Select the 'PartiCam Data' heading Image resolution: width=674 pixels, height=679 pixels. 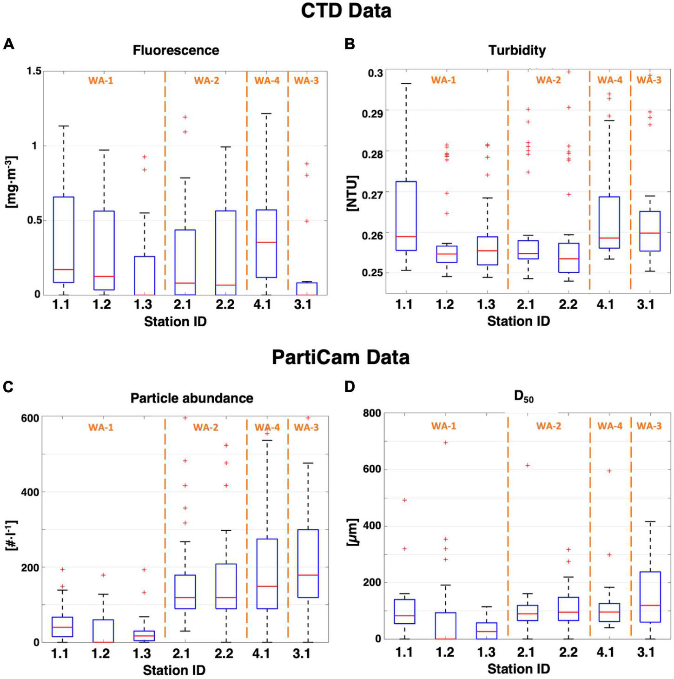point(340,357)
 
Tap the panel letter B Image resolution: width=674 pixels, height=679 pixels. point(350,44)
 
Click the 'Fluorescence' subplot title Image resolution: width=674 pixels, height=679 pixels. point(176,50)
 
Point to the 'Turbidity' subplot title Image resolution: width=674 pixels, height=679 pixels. point(517,50)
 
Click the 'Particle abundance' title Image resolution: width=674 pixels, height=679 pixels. point(192,398)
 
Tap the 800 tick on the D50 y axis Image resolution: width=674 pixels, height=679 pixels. point(371,413)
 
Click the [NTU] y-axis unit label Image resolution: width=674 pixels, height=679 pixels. point(352,193)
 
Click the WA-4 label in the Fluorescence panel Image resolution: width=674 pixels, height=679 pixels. point(267,80)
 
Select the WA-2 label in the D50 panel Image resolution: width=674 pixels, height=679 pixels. point(548,426)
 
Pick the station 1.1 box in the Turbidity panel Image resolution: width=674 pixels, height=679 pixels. point(404,216)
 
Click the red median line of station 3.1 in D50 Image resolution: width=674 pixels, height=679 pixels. point(650,605)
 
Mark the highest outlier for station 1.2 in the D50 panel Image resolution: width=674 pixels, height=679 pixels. point(445,442)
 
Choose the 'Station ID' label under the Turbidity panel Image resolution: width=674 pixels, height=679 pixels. point(518,321)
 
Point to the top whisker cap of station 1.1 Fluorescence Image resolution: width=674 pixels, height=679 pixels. point(64,126)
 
